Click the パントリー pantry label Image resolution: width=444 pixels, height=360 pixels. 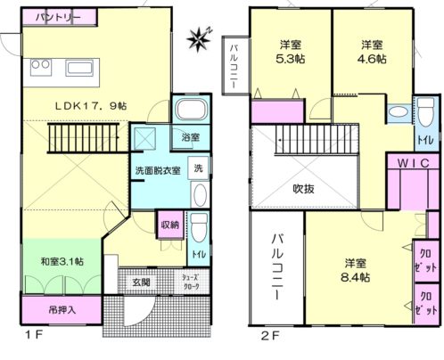pos(58,18)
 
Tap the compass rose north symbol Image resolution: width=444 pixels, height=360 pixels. pos(199,39)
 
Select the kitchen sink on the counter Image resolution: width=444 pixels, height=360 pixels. pos(80,69)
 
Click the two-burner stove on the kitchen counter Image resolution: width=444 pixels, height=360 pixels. pos(41,68)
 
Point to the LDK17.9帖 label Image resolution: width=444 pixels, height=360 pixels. pos(91,106)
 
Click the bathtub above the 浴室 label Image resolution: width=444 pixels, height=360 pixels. pos(192,109)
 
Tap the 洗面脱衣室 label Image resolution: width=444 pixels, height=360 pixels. pos(158,171)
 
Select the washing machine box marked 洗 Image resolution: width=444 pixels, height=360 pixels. pos(198,168)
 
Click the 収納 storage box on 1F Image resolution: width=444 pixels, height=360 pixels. pos(170,225)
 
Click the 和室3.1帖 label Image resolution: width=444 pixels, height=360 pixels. pos(62,261)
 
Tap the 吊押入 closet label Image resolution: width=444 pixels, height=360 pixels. pos(62,310)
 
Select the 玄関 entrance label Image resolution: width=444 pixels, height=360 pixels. pos(141,282)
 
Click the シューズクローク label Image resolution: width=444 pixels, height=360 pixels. pos(192,282)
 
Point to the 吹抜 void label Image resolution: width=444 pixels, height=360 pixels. pos(303,189)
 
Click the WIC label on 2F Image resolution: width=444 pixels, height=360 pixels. pos(414,163)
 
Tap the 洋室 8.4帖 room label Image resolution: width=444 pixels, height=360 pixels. pos(356,270)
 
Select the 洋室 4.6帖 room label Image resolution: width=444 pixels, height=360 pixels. pos(372,52)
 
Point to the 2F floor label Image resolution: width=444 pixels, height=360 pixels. pos(270,336)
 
